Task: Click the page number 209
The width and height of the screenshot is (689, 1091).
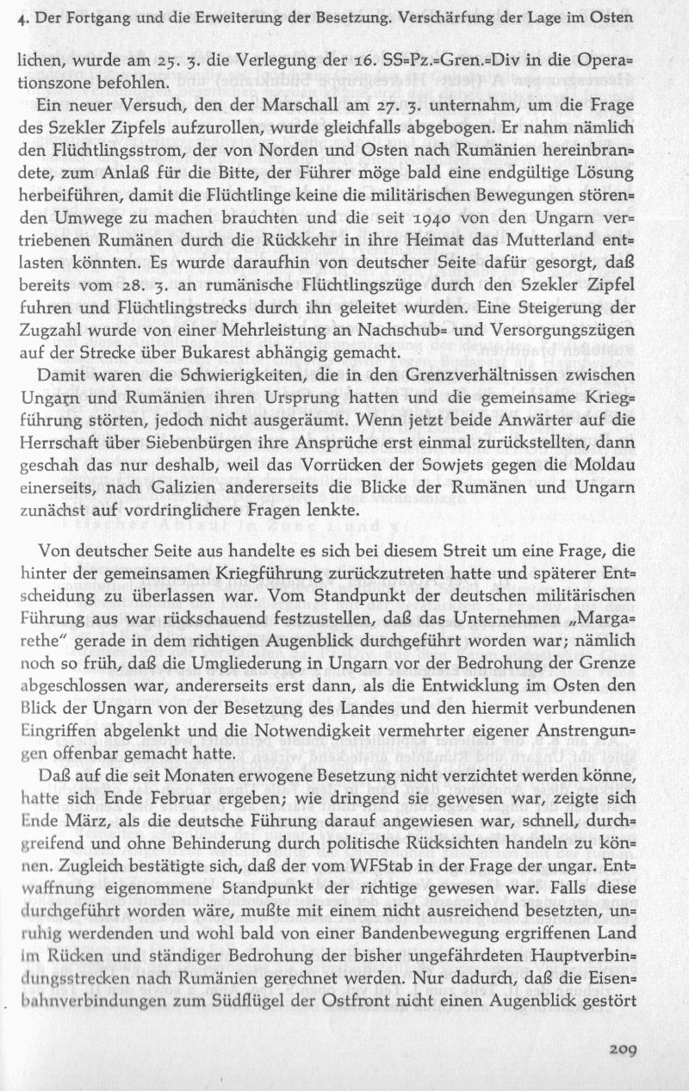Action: (x=622, y=1050)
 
